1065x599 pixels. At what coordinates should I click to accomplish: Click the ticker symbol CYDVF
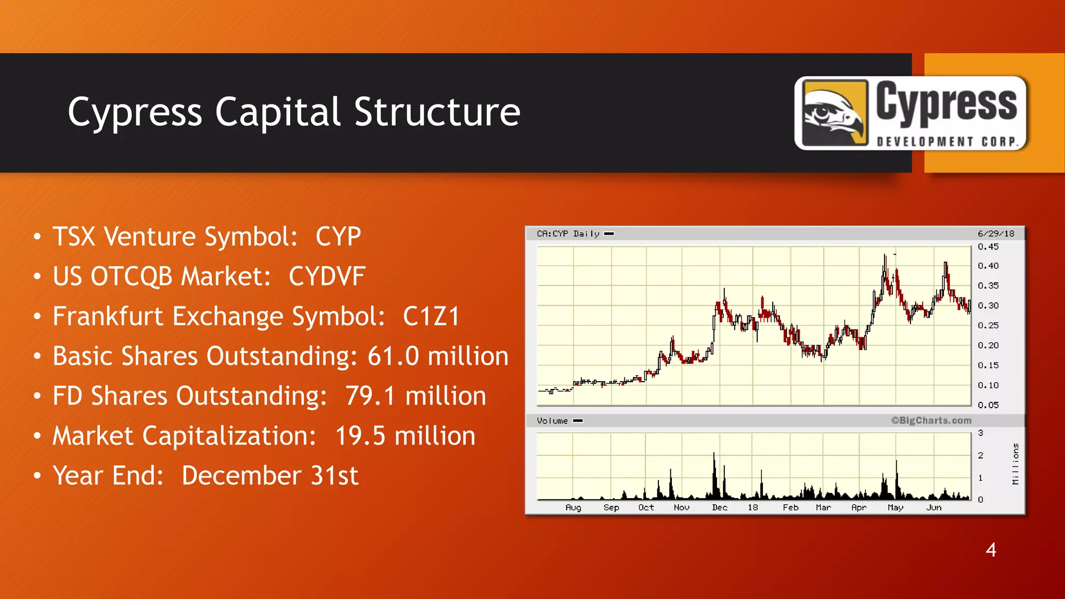click(327, 277)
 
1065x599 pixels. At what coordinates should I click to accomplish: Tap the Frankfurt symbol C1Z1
click(431, 317)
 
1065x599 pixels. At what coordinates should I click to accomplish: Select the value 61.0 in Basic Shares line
click(393, 357)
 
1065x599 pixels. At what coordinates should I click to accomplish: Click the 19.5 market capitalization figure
click(360, 436)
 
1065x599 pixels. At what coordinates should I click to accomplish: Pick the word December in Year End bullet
click(241, 476)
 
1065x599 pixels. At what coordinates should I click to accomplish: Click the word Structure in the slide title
click(437, 112)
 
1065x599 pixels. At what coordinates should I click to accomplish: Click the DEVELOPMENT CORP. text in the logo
click(947, 142)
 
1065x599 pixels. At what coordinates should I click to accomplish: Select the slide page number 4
click(991, 550)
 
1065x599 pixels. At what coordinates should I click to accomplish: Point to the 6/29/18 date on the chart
click(995, 234)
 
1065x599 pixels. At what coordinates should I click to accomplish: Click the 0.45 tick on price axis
click(988, 247)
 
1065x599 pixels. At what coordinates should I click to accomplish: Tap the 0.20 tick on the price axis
click(988, 346)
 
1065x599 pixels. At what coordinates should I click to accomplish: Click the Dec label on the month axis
click(720, 507)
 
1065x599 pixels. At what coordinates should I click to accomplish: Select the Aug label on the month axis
click(573, 507)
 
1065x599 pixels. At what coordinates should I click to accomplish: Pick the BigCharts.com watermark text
click(931, 421)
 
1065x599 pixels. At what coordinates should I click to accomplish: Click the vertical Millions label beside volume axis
click(1015, 464)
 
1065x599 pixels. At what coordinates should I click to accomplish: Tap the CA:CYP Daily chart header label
click(568, 234)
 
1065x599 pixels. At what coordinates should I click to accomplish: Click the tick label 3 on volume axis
click(980, 433)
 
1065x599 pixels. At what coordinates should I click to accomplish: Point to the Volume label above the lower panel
click(552, 421)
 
